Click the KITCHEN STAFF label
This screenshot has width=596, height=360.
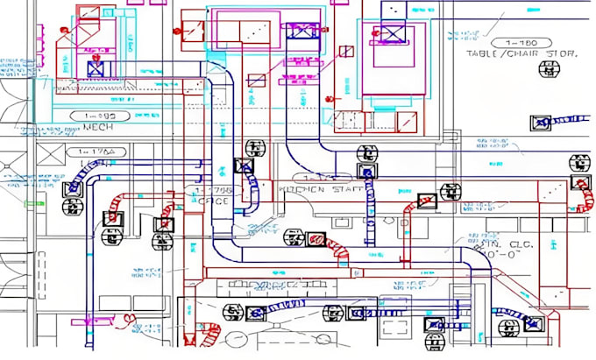(x=313, y=189)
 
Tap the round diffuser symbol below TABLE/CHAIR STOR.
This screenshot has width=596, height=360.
(x=541, y=123)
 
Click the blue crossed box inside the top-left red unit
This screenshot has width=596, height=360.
(x=96, y=66)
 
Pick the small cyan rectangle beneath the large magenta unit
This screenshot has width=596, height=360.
(x=381, y=117)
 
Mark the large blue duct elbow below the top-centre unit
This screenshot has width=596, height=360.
(x=223, y=96)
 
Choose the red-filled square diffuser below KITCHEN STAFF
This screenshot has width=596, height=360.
(x=316, y=237)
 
